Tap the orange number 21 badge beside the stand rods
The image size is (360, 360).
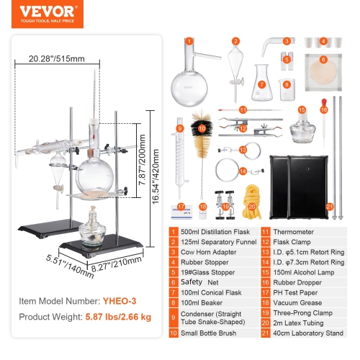tap(330, 206)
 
